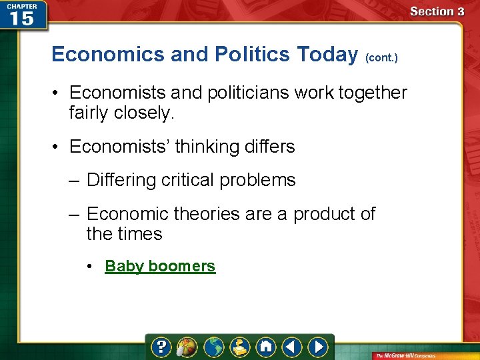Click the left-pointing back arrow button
pyautogui.click(x=292, y=347)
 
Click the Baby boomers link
pyautogui.click(x=160, y=266)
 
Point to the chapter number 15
pyautogui.click(x=21, y=18)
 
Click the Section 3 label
pyautogui.click(x=437, y=11)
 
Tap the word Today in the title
pyautogui.click(x=327, y=54)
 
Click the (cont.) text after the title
pyautogui.click(x=381, y=58)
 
